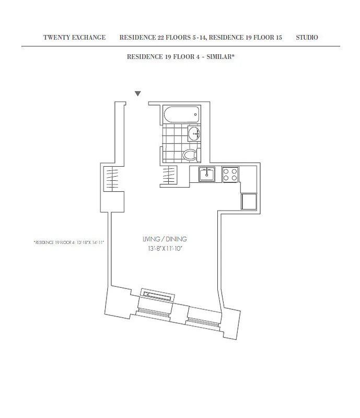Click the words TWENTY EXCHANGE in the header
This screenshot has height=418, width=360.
click(x=74, y=38)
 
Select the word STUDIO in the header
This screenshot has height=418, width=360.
click(x=307, y=38)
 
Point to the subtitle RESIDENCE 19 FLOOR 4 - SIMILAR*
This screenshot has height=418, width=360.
click(x=180, y=56)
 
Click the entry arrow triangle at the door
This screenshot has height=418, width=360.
click(x=138, y=94)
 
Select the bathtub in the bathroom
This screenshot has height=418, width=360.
click(x=181, y=114)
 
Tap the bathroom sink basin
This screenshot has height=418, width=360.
click(x=194, y=134)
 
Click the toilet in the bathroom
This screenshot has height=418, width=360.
click(x=189, y=155)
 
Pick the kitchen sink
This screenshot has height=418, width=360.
click(x=207, y=173)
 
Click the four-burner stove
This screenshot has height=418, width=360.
click(x=230, y=174)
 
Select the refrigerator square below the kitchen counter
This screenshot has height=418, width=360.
click(x=248, y=201)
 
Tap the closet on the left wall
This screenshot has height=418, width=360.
click(x=113, y=179)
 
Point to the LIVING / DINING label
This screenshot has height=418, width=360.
click(x=165, y=239)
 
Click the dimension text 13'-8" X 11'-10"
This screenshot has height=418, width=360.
click(x=165, y=249)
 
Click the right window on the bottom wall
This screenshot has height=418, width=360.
click(x=204, y=320)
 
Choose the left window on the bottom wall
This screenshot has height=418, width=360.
click(x=153, y=311)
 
